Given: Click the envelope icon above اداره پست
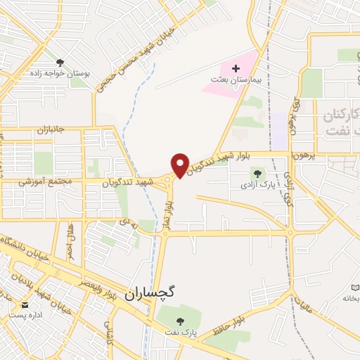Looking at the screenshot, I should point(25,305).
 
